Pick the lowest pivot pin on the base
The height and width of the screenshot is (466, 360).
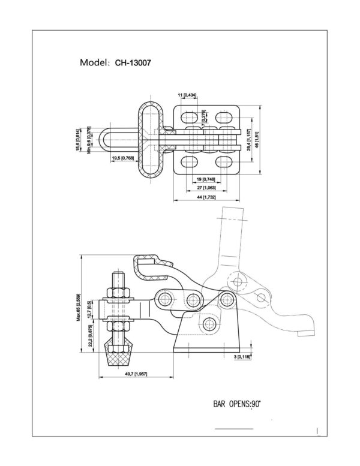pyautogui.click(x=209, y=324)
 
